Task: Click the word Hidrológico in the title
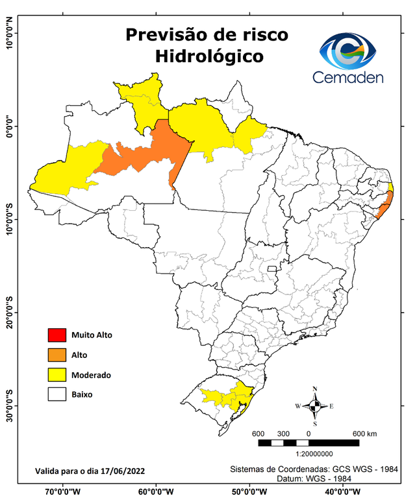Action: click(x=209, y=56)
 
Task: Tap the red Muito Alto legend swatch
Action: click(x=57, y=335)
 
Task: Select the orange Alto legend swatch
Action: click(x=57, y=355)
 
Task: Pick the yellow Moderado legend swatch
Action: click(x=57, y=375)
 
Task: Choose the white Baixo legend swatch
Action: click(x=57, y=394)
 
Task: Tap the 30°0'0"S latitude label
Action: click(x=9, y=405)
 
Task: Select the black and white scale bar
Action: click(x=309, y=443)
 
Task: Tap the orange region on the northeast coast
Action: click(x=385, y=208)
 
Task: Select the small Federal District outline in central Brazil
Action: click(x=273, y=267)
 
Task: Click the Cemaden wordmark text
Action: click(x=348, y=77)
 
